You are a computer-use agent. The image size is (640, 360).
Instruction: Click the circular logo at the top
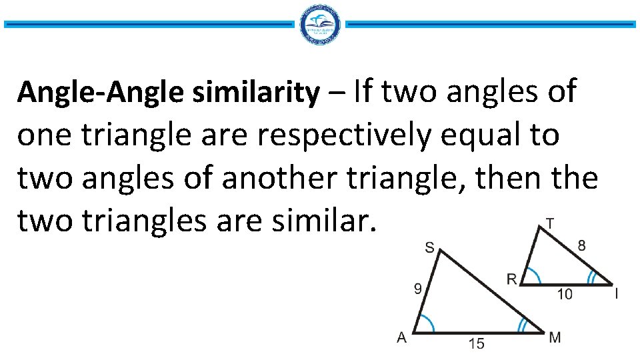(321, 25)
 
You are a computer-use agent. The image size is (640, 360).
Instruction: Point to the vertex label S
(429, 248)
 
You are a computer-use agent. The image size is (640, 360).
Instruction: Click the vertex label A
(401, 338)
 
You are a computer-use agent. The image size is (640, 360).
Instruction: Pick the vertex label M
(555, 337)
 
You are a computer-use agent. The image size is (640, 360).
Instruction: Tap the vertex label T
(548, 222)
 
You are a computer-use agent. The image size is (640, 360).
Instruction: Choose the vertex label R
(511, 279)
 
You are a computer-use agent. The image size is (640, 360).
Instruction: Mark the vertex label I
(617, 293)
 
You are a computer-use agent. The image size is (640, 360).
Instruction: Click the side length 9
(417, 289)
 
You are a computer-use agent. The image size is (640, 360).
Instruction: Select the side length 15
(476, 344)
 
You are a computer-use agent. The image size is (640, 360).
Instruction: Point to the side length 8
(582, 246)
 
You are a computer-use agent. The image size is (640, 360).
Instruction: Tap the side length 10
(565, 294)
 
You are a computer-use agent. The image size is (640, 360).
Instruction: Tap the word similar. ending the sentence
(329, 221)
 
